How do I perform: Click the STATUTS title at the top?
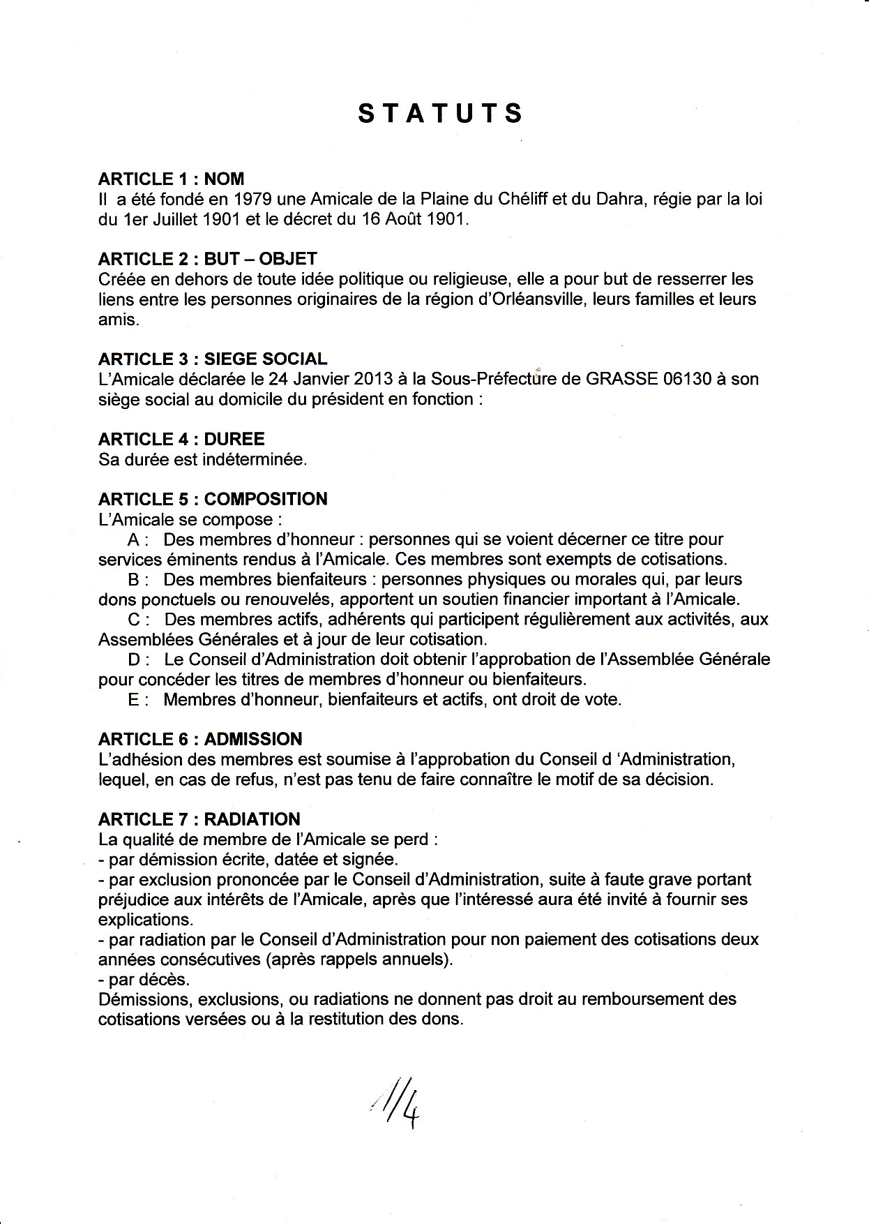(440, 114)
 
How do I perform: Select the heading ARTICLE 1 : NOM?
(171, 179)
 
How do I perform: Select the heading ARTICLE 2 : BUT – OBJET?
(208, 260)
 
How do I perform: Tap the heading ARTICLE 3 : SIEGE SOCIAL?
(213, 359)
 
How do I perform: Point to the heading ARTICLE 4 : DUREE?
(181, 440)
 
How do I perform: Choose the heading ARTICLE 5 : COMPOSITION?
(213, 500)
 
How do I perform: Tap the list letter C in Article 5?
(134, 620)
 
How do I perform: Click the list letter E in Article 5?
(134, 700)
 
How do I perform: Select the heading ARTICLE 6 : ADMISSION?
(200, 740)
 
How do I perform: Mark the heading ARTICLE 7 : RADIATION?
(199, 819)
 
